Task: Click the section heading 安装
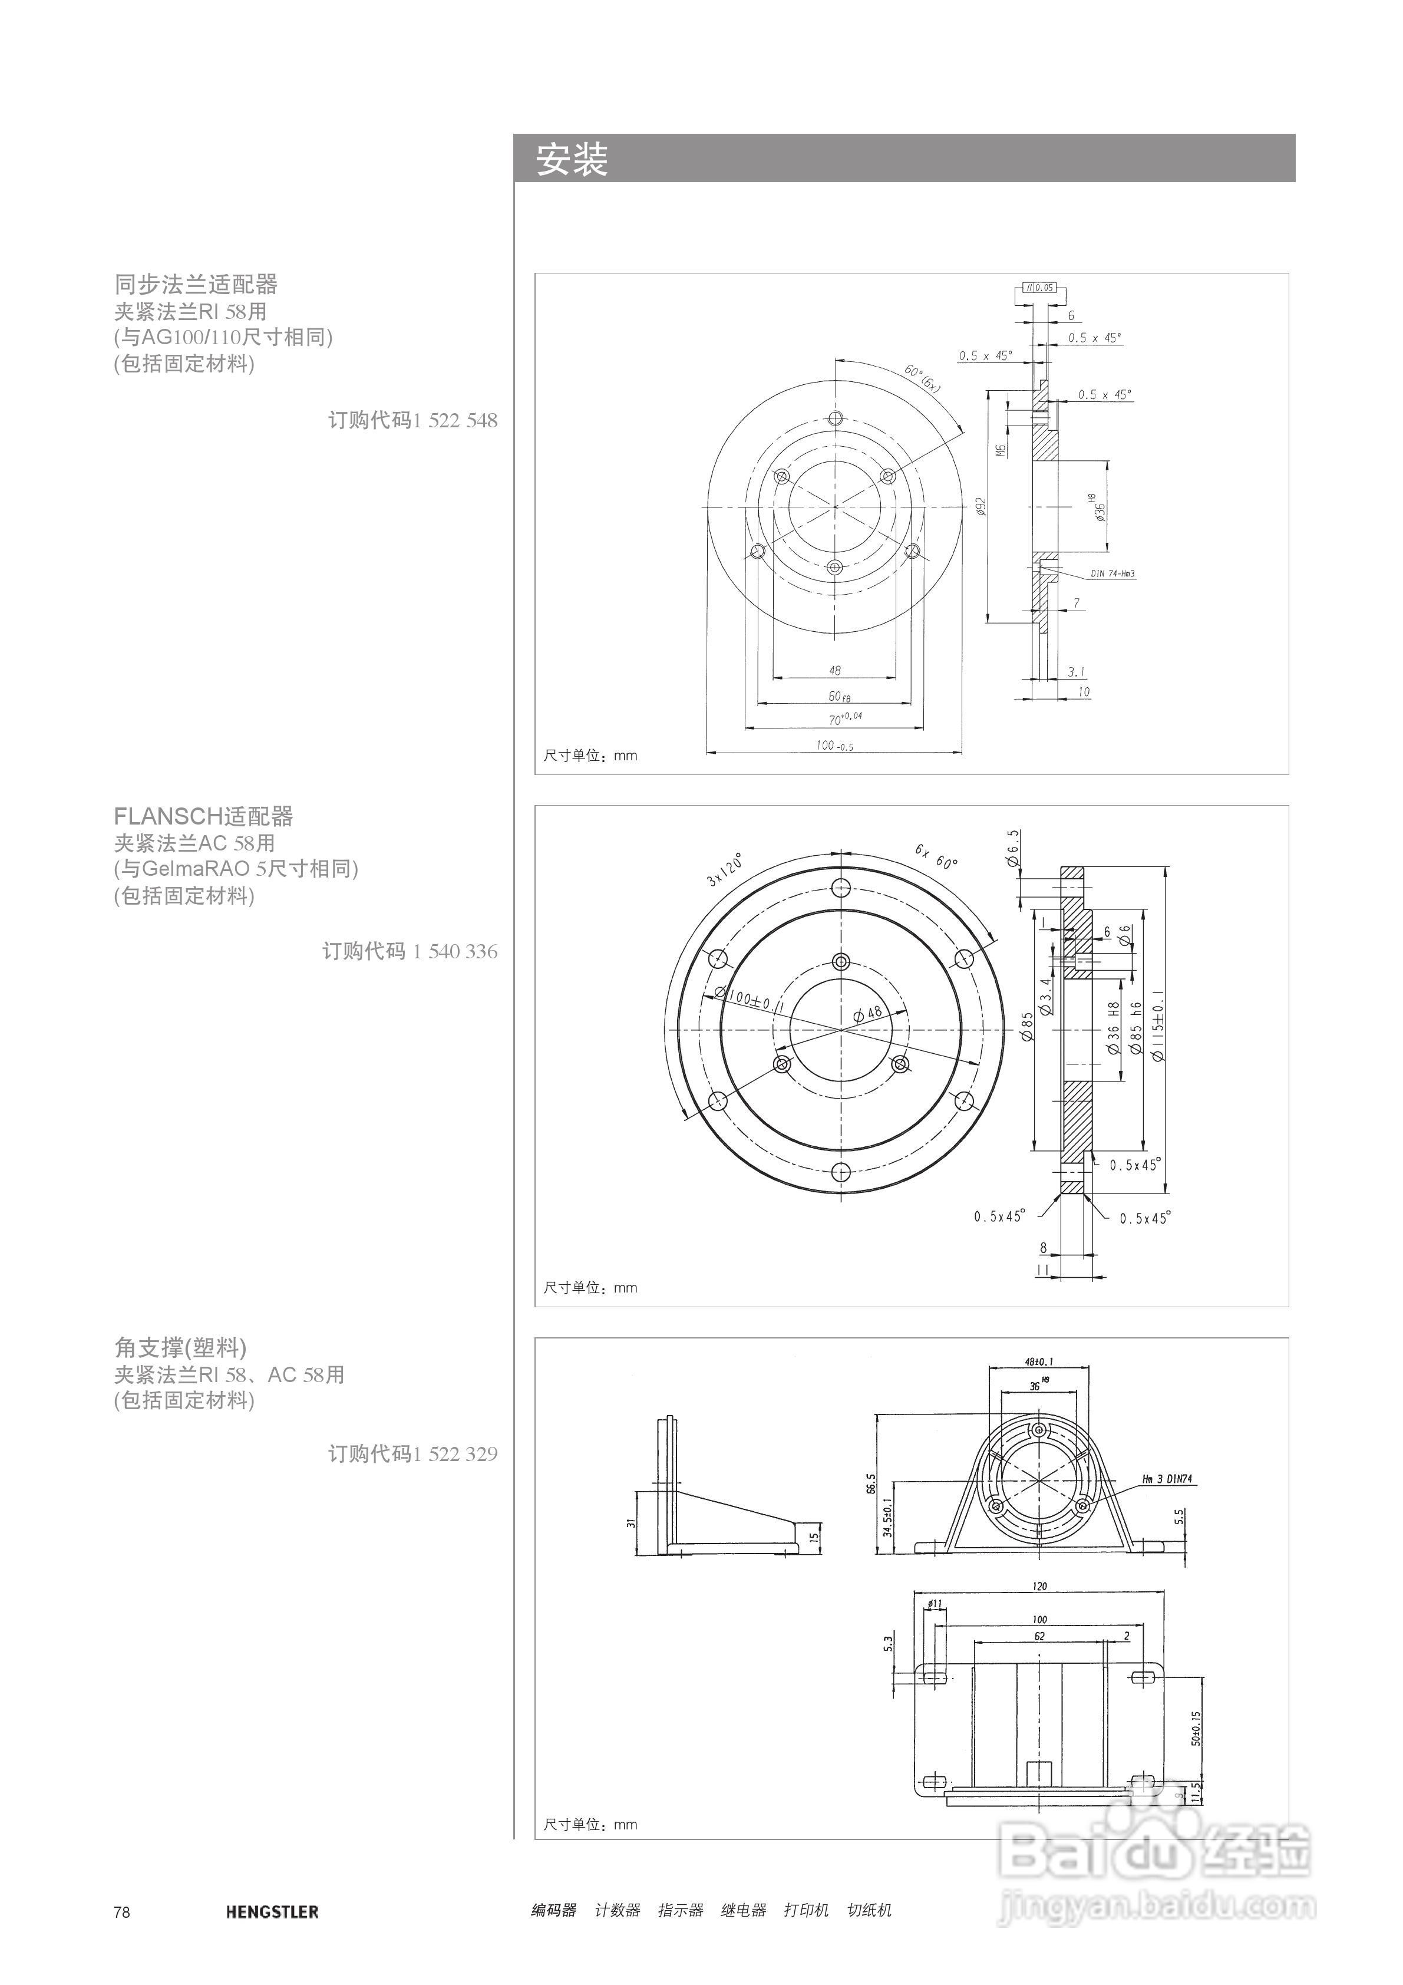click(572, 160)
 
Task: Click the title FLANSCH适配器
click(203, 816)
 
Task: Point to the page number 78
click(122, 1911)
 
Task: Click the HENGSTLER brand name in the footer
click(272, 1911)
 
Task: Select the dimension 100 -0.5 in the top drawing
click(834, 745)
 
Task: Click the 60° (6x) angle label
click(922, 378)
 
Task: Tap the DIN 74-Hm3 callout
click(1112, 574)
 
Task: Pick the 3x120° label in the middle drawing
click(724, 870)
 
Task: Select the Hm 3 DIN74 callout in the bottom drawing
click(1166, 1479)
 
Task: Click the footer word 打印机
click(806, 1911)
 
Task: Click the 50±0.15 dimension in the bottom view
click(1196, 1728)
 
